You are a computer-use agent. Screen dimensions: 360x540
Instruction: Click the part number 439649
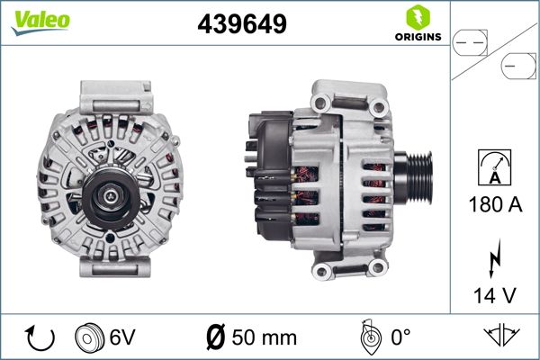pyautogui.click(x=241, y=23)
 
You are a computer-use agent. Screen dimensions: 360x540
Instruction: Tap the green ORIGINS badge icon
pyautogui.click(x=417, y=17)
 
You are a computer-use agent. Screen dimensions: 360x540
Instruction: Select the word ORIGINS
pyautogui.click(x=417, y=38)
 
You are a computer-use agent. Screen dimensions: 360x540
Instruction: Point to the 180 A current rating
pyautogui.click(x=495, y=204)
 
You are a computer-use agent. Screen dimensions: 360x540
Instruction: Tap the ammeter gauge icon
pyautogui.click(x=494, y=167)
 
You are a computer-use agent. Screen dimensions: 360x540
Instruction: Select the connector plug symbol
pyautogui.click(x=494, y=53)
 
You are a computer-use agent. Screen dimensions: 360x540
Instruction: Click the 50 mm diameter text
pyautogui.click(x=264, y=337)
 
